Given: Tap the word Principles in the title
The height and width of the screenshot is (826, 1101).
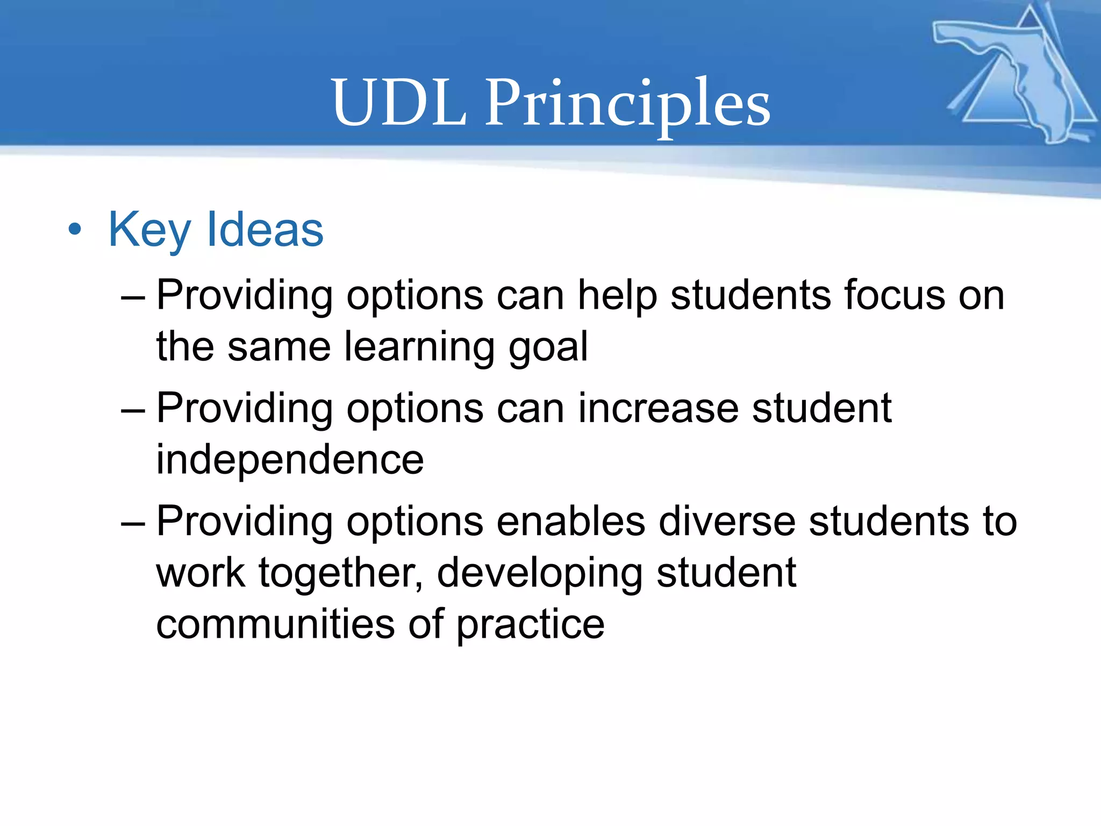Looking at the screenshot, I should click(x=627, y=105).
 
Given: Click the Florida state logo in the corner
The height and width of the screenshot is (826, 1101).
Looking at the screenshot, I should click(x=1016, y=75).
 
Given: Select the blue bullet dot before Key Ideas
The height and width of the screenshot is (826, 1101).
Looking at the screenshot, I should click(x=75, y=230).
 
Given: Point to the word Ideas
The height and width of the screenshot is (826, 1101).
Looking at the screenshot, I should click(x=265, y=230).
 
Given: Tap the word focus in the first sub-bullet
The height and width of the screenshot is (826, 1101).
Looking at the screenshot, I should click(x=894, y=296).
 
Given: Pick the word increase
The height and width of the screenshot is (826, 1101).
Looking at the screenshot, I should click(x=658, y=409).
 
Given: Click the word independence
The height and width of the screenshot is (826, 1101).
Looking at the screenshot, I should click(x=290, y=460).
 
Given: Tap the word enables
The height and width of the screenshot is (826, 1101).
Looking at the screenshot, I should click(x=570, y=522).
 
